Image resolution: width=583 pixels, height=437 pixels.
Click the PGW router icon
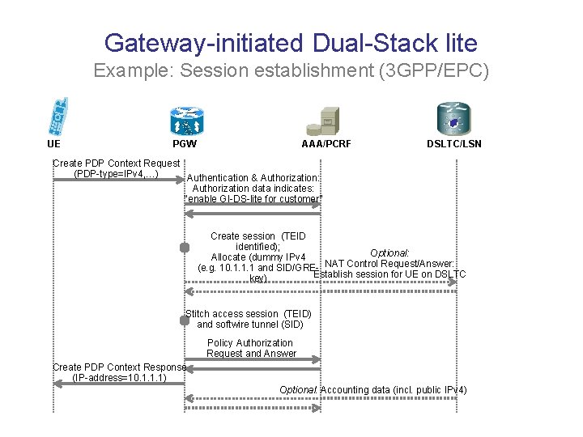click(x=186, y=119)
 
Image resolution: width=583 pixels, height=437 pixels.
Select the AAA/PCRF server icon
click(x=321, y=120)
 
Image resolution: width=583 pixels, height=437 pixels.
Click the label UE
click(x=53, y=144)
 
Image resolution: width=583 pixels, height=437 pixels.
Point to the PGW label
click(x=185, y=144)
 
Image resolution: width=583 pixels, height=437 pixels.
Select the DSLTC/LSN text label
click(x=453, y=144)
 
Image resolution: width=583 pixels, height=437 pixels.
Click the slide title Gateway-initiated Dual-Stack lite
click(x=291, y=43)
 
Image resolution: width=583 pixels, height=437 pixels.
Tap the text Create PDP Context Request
click(x=116, y=163)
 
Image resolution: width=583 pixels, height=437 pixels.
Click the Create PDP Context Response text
click(x=119, y=367)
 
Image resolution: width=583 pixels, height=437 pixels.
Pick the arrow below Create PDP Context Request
click(x=118, y=182)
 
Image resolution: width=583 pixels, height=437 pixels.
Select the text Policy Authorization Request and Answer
click(x=251, y=348)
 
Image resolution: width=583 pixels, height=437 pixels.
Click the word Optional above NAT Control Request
click(x=389, y=253)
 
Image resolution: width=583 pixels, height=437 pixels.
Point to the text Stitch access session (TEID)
click(x=249, y=314)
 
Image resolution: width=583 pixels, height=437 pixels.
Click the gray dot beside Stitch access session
click(x=185, y=320)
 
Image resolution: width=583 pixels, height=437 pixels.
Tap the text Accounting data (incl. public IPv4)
click(x=394, y=390)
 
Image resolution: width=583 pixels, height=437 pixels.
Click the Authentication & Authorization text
click(x=253, y=178)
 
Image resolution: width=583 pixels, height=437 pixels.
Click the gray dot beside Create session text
click(x=185, y=247)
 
